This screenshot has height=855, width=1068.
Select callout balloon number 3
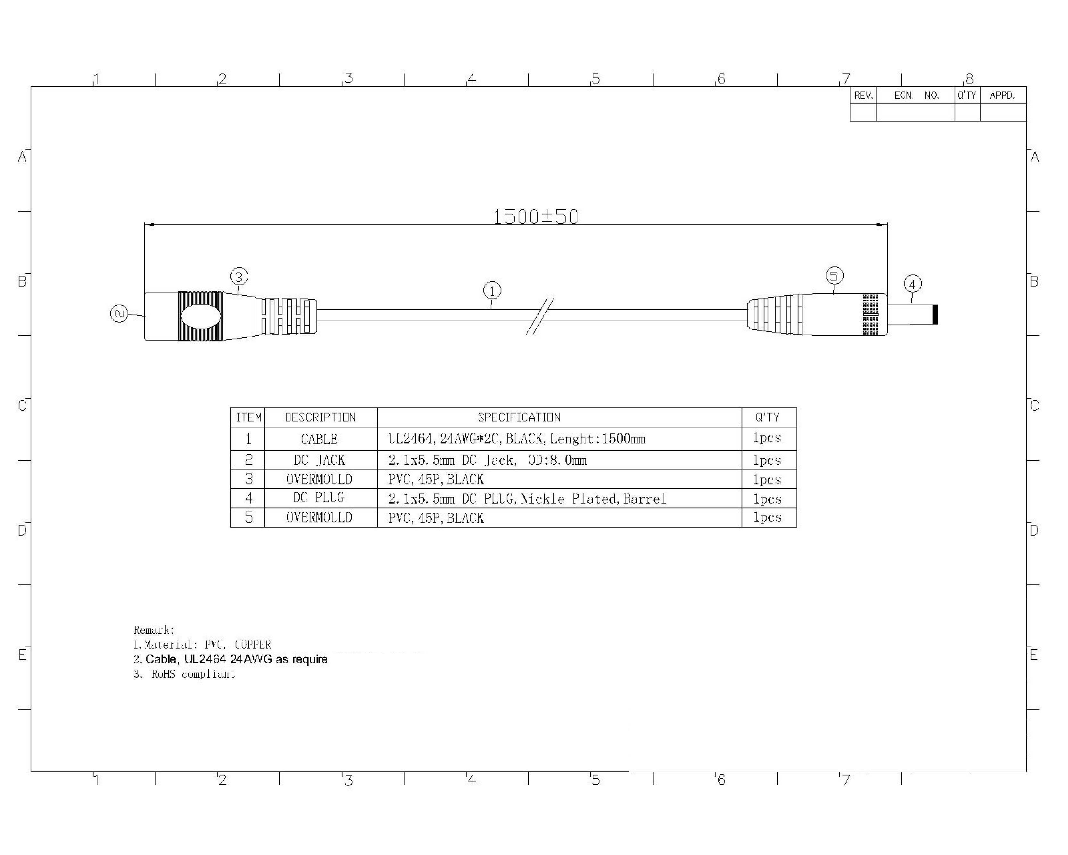click(239, 277)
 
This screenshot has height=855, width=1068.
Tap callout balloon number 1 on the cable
click(492, 290)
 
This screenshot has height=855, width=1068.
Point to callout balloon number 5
click(835, 276)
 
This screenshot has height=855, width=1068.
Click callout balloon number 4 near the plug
click(913, 284)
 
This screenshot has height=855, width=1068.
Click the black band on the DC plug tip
click(935, 315)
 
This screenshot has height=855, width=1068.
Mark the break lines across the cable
click(540, 316)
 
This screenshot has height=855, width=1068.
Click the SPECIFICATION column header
click(519, 417)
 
